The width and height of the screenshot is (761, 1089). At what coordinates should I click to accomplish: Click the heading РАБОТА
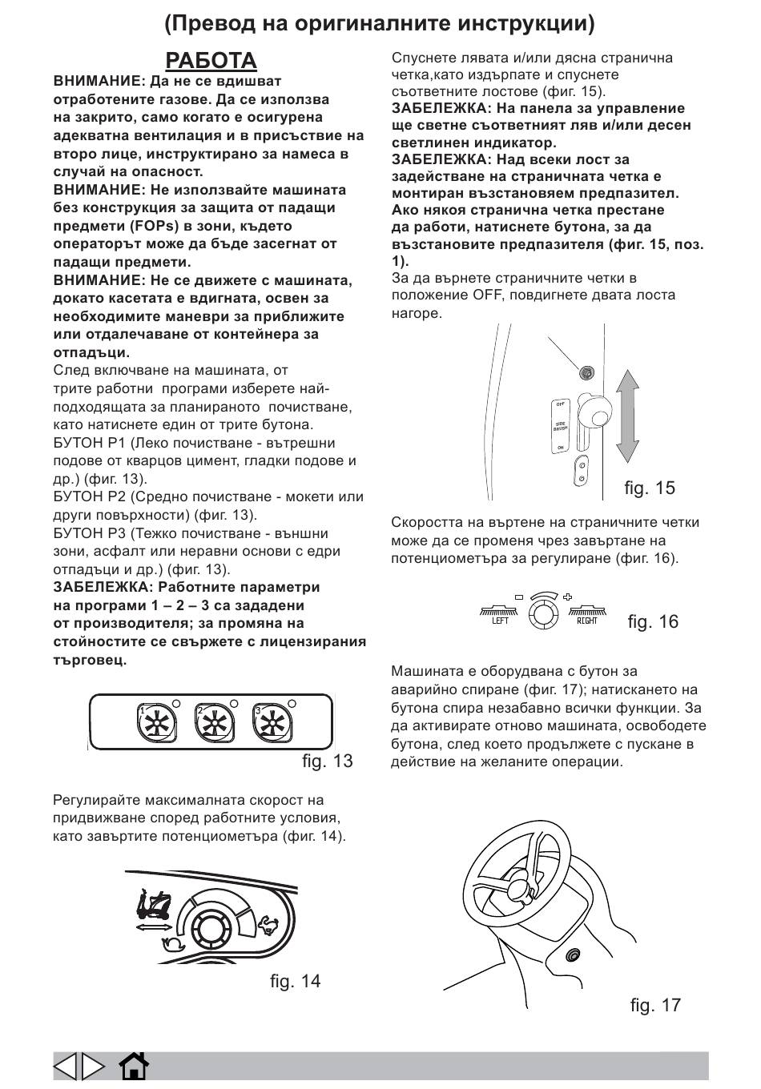[x=211, y=61]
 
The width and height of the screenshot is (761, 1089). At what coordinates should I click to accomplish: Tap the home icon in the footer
[x=134, y=1066]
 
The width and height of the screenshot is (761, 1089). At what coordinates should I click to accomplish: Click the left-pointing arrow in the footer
[x=66, y=1066]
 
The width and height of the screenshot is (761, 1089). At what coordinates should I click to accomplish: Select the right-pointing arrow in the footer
[x=93, y=1066]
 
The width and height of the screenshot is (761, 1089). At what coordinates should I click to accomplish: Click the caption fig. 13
[x=327, y=761]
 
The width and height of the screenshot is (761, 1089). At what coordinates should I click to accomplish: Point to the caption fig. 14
[x=295, y=981]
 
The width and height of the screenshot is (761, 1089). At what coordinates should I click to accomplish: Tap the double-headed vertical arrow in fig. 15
[x=629, y=422]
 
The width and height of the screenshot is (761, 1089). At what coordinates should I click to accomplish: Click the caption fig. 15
[x=650, y=488]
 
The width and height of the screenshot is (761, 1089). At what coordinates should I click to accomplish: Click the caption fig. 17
[x=655, y=1005]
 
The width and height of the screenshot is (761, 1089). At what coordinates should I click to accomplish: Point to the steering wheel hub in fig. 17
[x=520, y=887]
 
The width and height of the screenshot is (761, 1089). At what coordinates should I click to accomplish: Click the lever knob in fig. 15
[x=598, y=412]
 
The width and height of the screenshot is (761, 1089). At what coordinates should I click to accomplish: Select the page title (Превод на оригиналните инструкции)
[x=380, y=24]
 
